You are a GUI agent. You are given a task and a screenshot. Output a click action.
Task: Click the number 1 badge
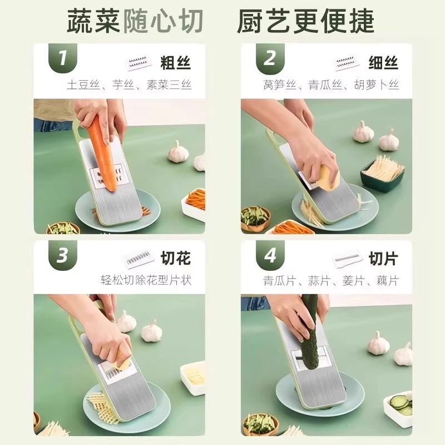click(x=63, y=58)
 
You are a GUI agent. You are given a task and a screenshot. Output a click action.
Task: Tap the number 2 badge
click(x=270, y=58)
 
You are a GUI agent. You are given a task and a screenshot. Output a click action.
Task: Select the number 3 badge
click(x=63, y=255)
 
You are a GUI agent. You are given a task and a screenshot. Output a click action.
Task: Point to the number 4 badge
click(x=270, y=255)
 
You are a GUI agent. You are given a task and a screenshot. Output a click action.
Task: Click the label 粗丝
click(x=175, y=63)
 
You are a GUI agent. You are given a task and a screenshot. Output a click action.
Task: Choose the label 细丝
click(x=383, y=63)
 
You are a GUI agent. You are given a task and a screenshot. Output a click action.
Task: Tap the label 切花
click(x=175, y=259)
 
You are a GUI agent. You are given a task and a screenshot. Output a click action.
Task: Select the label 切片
click(x=383, y=259)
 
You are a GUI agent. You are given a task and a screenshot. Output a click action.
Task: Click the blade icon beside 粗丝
click(x=139, y=62)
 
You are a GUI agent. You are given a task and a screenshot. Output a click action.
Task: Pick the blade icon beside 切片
click(x=347, y=260)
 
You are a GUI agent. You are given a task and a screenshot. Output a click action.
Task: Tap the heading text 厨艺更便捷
click(x=305, y=21)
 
